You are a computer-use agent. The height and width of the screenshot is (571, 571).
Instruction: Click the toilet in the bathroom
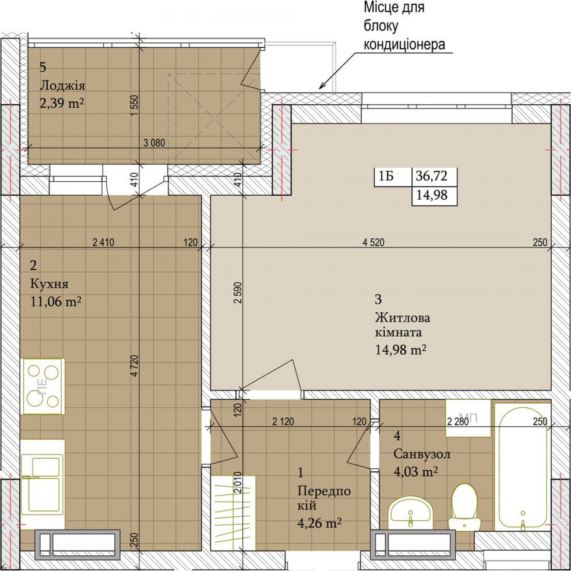[465, 506]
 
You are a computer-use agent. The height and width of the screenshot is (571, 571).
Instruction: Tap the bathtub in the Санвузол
[523, 468]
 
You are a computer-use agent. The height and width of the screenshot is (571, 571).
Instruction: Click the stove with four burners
[43, 386]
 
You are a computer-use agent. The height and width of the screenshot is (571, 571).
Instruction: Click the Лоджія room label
[62, 86]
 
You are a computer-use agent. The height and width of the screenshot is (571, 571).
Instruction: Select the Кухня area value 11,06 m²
[55, 302]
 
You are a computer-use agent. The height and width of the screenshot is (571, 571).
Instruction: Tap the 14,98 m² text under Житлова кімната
[401, 350]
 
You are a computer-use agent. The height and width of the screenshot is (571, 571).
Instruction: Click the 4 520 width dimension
[373, 242]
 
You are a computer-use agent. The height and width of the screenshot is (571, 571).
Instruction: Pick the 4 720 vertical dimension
[135, 365]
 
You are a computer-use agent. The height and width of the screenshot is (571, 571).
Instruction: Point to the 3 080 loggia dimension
[154, 143]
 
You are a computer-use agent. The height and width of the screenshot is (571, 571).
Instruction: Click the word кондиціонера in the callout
[404, 44]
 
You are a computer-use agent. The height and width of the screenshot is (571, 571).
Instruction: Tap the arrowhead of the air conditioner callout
[321, 87]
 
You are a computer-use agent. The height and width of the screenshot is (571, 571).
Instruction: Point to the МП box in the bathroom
[468, 418]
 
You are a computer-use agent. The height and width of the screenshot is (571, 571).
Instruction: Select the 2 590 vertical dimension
[238, 292]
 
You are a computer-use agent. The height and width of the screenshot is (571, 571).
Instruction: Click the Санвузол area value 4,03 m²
[415, 471]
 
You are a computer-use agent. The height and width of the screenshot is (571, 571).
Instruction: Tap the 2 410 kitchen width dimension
[104, 242]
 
